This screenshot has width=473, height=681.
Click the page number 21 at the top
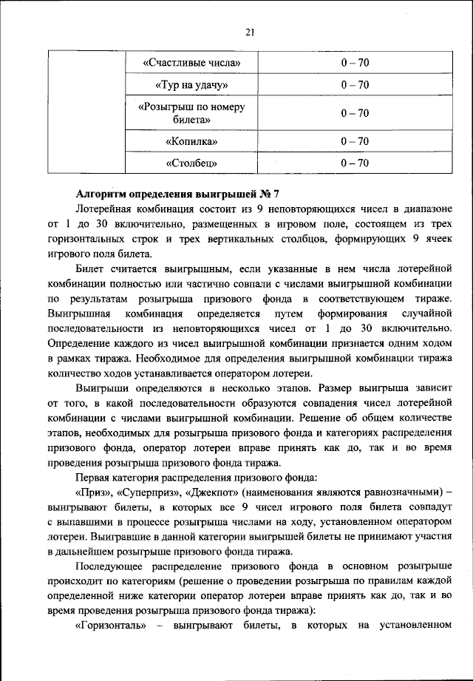click(x=249, y=31)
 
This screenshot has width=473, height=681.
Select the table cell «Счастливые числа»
click(x=191, y=62)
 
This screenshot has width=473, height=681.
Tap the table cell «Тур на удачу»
click(x=191, y=86)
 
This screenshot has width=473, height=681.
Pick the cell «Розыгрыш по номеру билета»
click(x=191, y=112)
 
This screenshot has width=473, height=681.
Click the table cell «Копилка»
click(x=191, y=140)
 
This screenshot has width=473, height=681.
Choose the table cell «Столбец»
click(x=191, y=163)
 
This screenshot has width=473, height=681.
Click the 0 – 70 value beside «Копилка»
click(x=355, y=140)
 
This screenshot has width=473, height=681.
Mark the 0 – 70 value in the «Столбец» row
click(x=355, y=163)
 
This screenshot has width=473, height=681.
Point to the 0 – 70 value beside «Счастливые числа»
click(x=355, y=62)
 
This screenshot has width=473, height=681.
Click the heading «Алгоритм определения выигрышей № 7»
click(x=177, y=194)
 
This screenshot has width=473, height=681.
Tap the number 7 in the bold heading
click(x=276, y=194)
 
